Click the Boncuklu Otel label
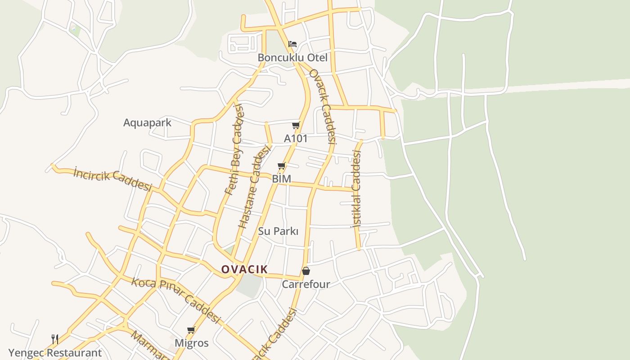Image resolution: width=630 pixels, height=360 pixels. click(292, 58)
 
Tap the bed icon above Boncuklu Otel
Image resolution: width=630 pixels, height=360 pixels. click(292, 44)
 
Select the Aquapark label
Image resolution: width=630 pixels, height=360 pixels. click(147, 122)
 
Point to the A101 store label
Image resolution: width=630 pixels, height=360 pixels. click(296, 138)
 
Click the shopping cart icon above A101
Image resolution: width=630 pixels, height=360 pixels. click(296, 125)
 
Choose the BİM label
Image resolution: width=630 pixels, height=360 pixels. click(282, 179)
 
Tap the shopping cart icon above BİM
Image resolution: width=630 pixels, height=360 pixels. click(282, 166)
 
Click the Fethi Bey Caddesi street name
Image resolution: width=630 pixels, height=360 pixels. click(234, 149)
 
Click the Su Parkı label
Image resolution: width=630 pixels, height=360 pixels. click(278, 231)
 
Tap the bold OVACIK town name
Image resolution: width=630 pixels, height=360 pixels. click(244, 270)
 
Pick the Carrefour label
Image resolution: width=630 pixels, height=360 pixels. click(306, 284)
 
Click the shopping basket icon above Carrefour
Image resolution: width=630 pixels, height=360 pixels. click(306, 271)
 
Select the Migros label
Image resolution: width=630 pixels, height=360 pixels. click(192, 343)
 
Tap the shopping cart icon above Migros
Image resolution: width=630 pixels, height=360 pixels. click(191, 330)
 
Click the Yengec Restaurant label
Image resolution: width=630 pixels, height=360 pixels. click(55, 353)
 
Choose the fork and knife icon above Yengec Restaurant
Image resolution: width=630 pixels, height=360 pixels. click(55, 339)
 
